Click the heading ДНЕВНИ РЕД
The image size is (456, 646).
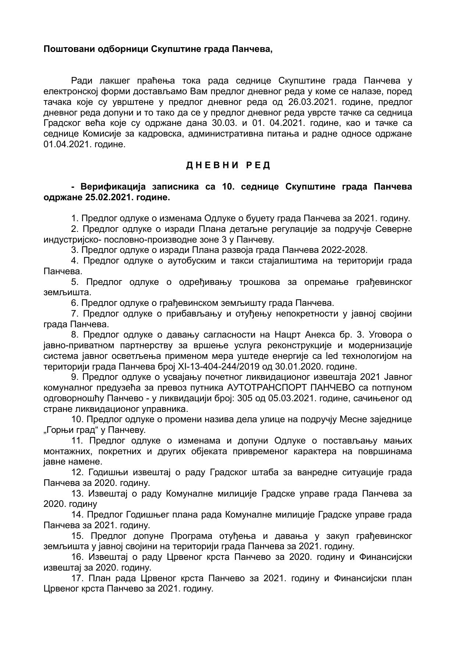click(228, 166)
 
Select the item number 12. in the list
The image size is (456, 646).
click(78, 473)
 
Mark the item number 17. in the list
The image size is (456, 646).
click(78, 579)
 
